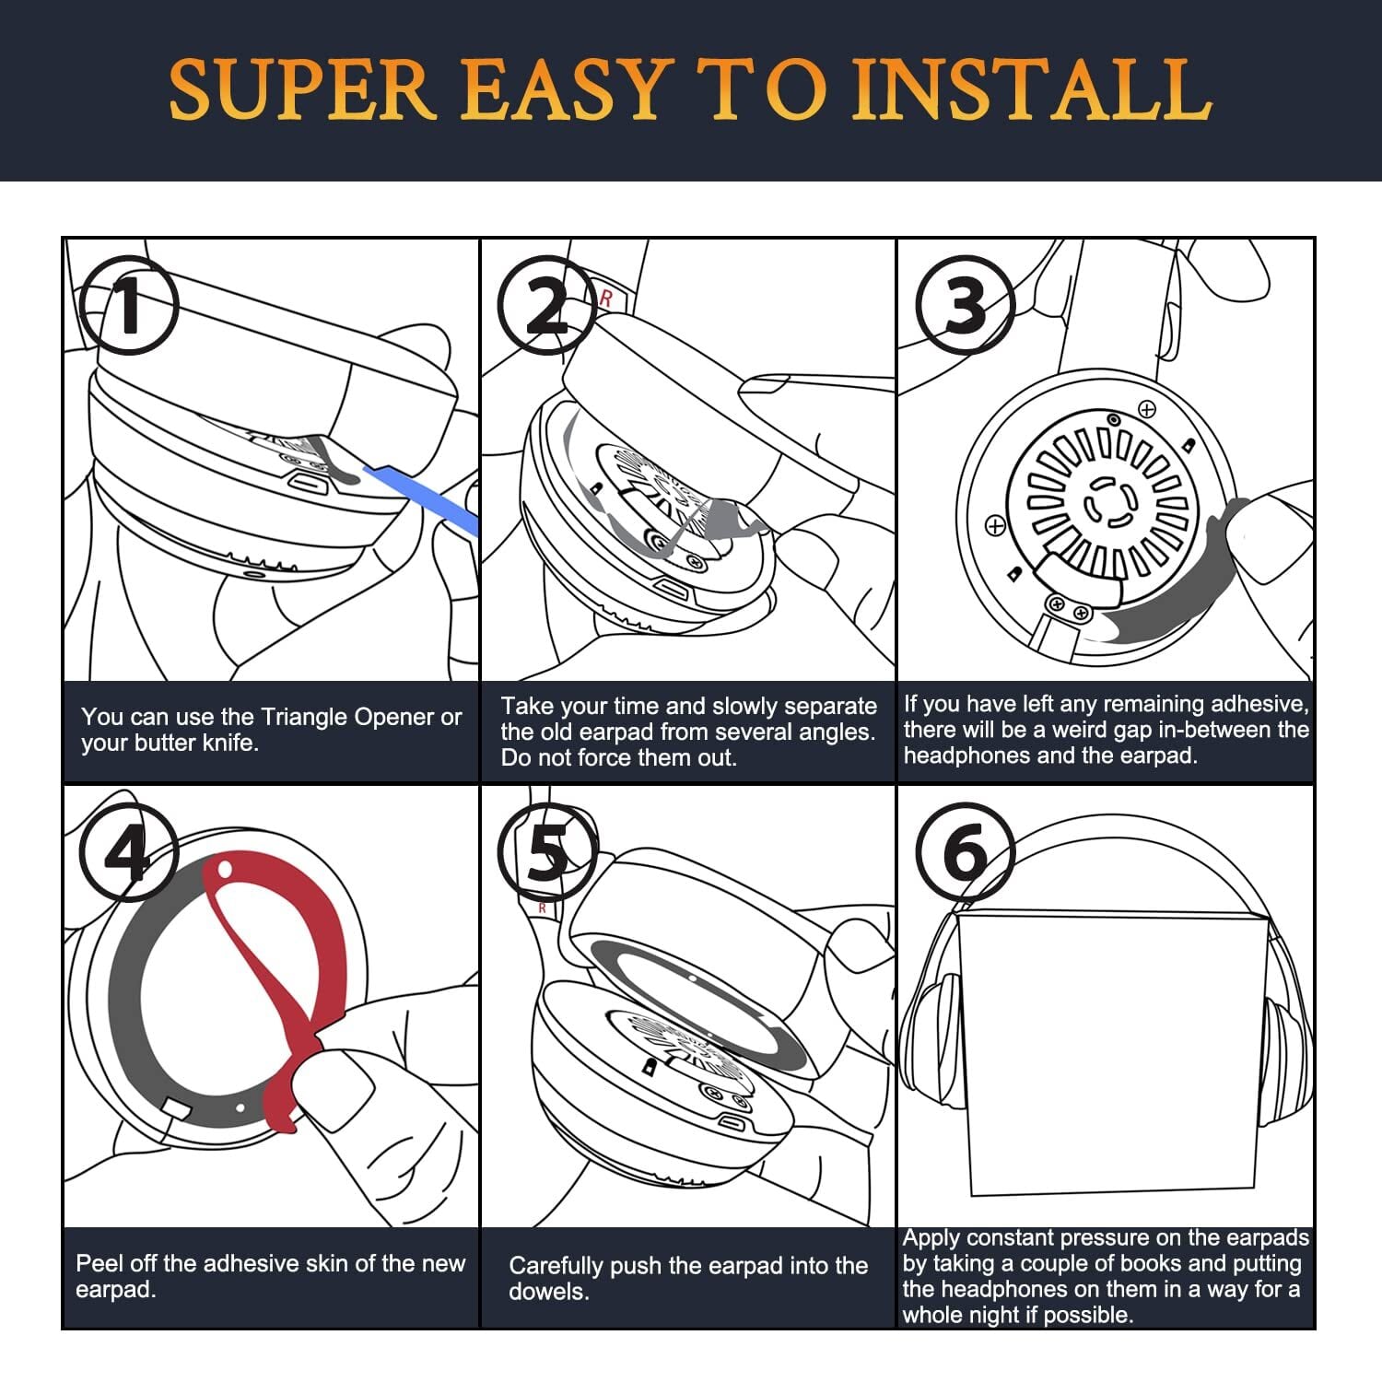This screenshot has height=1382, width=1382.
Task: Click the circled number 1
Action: [128, 306]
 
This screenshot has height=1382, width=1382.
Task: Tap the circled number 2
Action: [546, 306]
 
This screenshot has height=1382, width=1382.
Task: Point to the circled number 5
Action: [546, 852]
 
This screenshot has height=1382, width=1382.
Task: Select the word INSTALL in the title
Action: [1032, 89]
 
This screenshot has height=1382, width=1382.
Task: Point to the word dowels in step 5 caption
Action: [548, 1292]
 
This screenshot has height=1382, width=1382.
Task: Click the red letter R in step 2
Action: [605, 299]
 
